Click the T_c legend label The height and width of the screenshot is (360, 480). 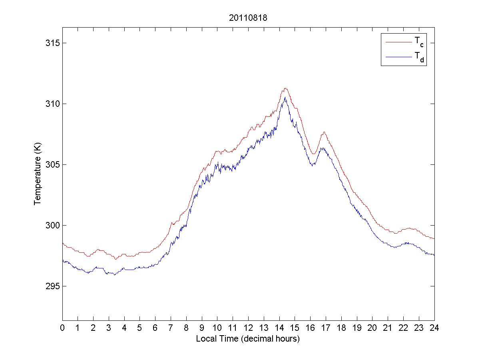tap(419, 41)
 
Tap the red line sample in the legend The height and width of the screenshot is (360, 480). tap(398, 41)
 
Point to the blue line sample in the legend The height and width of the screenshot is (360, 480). tap(398, 58)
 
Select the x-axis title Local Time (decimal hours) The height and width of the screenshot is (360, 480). tap(248, 339)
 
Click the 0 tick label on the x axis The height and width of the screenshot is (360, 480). tap(62, 328)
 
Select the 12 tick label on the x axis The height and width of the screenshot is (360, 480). tap(248, 328)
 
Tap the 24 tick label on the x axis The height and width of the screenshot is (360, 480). tap(434, 328)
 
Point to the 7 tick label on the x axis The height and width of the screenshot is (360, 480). tap(171, 328)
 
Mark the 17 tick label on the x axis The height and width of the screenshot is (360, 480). tap(326, 328)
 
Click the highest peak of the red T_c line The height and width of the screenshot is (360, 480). tap(285, 88)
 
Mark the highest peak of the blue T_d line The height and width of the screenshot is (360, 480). tap(285, 97)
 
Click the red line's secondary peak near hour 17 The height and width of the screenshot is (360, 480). tap(324, 132)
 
